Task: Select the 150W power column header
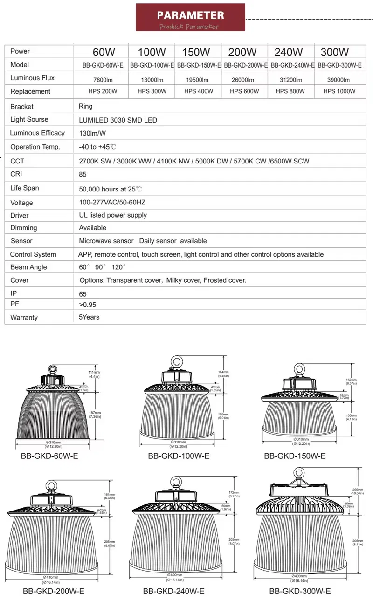click(196, 52)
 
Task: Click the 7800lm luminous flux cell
click(103, 80)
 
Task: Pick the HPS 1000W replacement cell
click(339, 91)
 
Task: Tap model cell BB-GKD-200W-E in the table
click(245, 66)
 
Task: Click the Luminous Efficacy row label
click(37, 133)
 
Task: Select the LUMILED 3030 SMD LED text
click(118, 120)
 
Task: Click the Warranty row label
click(24, 318)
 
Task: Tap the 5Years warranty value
click(89, 317)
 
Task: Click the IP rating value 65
click(83, 294)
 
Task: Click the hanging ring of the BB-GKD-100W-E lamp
click(176, 361)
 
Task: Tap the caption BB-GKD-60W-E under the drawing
click(49, 456)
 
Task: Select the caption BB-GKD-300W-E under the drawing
click(300, 591)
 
